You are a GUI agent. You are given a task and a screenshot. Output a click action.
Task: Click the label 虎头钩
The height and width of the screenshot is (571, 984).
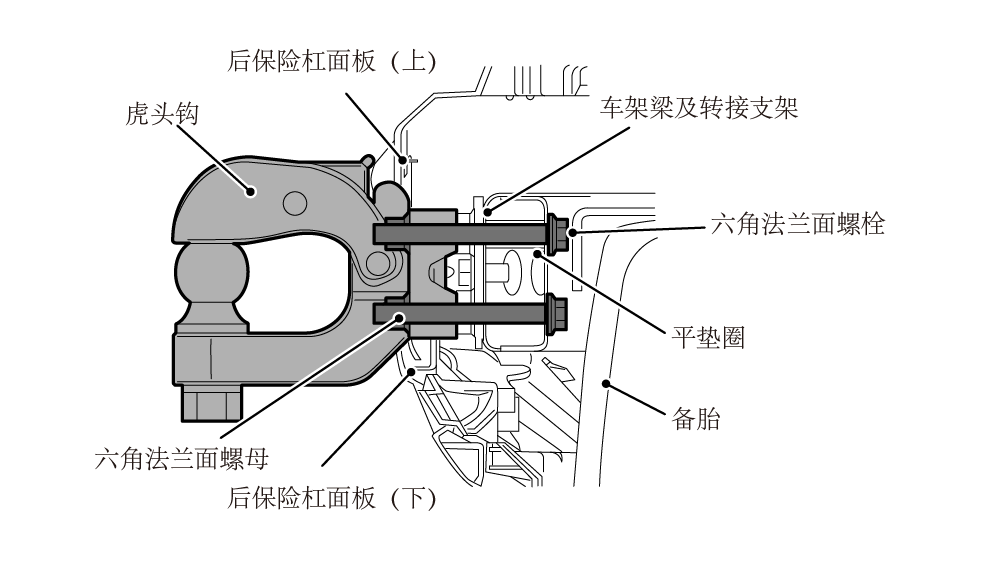coord(162,113)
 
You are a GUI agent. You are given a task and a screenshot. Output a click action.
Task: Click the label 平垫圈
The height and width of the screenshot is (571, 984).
coord(707,337)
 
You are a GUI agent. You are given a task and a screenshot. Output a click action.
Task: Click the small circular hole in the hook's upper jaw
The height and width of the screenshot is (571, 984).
coord(293,203)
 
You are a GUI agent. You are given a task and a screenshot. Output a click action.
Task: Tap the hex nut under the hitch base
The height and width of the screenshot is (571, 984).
coord(211,402)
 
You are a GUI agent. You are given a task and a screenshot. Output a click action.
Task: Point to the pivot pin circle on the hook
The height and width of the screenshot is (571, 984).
coord(378,264)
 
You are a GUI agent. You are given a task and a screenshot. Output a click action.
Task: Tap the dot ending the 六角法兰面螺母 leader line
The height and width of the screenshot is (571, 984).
coord(401,318)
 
